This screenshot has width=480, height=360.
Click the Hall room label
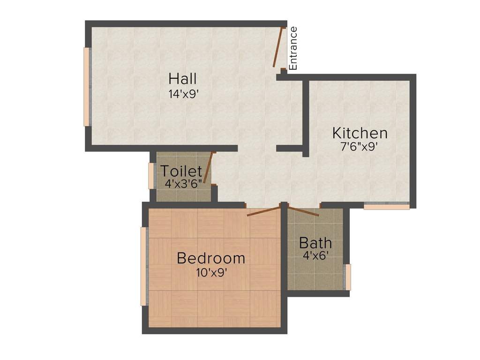point(183,78)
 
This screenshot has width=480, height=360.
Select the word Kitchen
point(360,133)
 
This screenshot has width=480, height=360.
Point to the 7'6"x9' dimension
point(359,146)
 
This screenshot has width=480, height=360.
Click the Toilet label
point(181,172)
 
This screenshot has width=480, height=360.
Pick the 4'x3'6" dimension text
point(183,183)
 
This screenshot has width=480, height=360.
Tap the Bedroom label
point(211,258)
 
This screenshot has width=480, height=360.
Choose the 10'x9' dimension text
point(211,272)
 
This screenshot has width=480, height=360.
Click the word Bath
point(315,243)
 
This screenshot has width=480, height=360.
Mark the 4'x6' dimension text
point(315,255)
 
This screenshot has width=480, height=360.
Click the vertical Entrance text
point(293,48)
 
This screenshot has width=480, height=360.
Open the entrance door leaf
point(279,48)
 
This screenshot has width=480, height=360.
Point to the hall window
point(86,87)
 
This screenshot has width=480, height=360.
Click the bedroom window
point(144,266)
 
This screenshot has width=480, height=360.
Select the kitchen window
point(387,205)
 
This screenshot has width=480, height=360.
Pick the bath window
point(348,277)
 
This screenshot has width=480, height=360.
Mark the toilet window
point(151,176)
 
